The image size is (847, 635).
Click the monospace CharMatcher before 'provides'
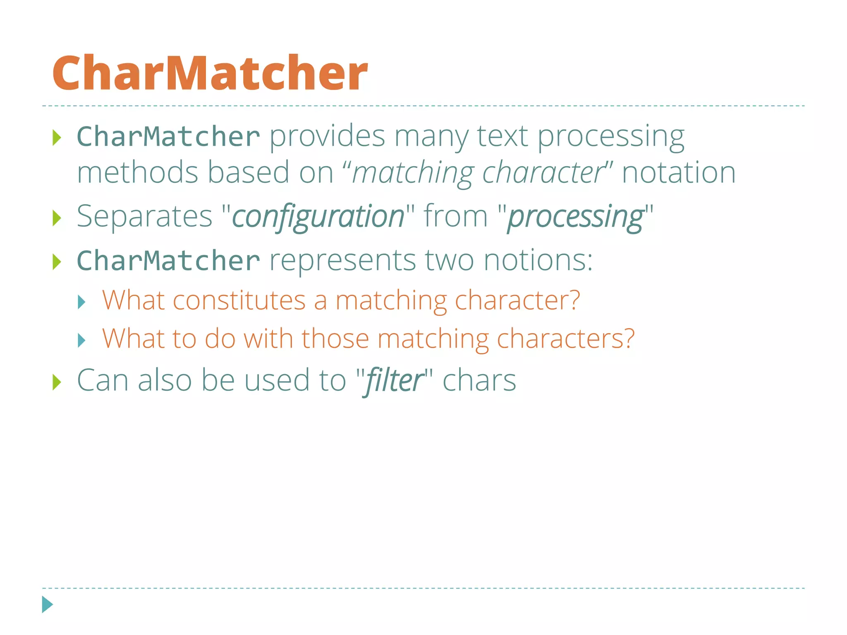tap(168, 136)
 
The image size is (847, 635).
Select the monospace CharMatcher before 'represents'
tap(168, 260)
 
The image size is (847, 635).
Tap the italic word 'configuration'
tap(318, 216)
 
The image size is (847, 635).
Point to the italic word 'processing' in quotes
tap(575, 216)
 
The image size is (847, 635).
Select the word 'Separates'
tap(144, 216)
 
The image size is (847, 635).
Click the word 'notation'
tap(679, 172)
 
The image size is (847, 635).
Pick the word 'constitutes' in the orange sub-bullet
tap(239, 300)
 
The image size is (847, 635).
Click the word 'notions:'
tap(538, 260)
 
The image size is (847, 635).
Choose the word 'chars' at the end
tap(479, 380)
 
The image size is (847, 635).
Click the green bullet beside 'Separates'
tap(57, 218)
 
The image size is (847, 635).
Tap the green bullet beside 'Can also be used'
tap(57, 382)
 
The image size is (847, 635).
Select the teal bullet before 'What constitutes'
tap(81, 302)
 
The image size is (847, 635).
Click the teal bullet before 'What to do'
tap(81, 341)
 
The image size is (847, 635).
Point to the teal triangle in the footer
tap(48, 604)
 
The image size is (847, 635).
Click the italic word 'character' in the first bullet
tap(543, 172)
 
